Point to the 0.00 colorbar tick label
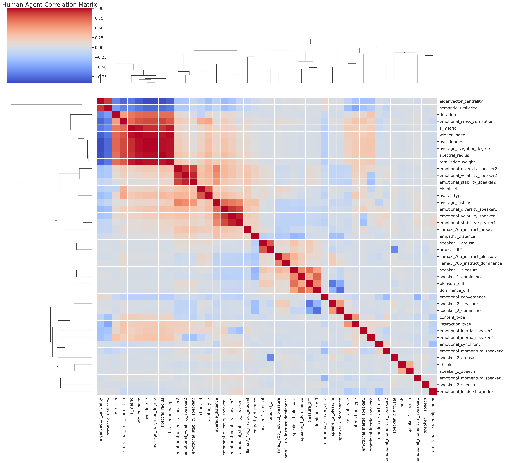click(x=99, y=47)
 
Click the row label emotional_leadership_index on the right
click(x=466, y=392)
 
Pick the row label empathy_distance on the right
click(x=457, y=236)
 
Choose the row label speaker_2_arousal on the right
click(x=457, y=358)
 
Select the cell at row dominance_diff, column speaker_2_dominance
click(x=340, y=290)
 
